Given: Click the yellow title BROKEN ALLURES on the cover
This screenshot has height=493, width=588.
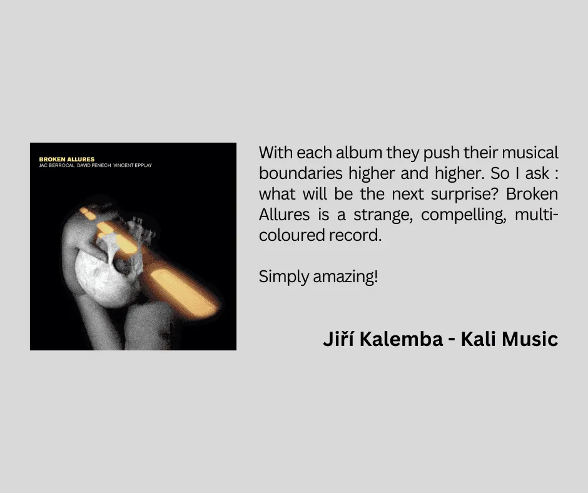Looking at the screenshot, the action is [67, 159].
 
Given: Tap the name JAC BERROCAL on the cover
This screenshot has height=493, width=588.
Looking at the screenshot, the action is [57, 165].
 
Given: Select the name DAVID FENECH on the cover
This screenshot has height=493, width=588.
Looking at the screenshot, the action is [94, 165].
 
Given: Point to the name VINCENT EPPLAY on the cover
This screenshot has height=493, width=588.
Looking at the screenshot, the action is [133, 165].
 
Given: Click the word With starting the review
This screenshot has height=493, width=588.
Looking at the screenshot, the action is [276, 153].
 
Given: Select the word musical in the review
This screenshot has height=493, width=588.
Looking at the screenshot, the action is [530, 153].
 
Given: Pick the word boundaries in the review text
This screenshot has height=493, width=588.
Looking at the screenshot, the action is [301, 173].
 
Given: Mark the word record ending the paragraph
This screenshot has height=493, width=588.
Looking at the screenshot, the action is [355, 235].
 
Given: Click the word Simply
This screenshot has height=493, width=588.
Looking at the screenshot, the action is [284, 277].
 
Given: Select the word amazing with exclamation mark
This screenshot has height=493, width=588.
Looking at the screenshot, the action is [345, 277].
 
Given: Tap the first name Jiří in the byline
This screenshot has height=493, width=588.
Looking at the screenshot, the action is [338, 339].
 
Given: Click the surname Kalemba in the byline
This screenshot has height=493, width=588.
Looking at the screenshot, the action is [401, 339].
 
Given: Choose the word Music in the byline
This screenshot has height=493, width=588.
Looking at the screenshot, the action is [530, 339].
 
